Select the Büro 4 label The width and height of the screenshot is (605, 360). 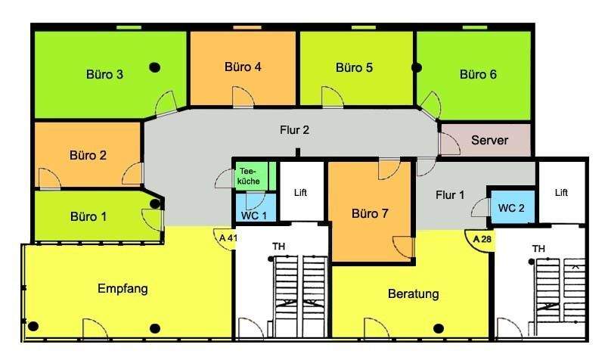243,67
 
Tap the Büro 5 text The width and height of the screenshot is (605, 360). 354,68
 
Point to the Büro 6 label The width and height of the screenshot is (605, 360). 478,74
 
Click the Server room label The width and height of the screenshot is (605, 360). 489,141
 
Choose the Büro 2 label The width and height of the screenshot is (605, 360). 88,156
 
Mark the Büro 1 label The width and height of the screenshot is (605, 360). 88,216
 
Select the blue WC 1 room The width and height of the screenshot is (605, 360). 253,214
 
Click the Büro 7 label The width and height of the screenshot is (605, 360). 370,213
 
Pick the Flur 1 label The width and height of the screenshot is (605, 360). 450,195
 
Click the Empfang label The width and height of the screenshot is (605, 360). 122,288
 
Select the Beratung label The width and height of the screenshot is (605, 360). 413,293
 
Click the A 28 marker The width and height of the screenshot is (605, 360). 477,240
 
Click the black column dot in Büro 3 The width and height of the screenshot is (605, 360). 155,67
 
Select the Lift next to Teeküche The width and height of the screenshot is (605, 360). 301,193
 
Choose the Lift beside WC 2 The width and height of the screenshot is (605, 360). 561,193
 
